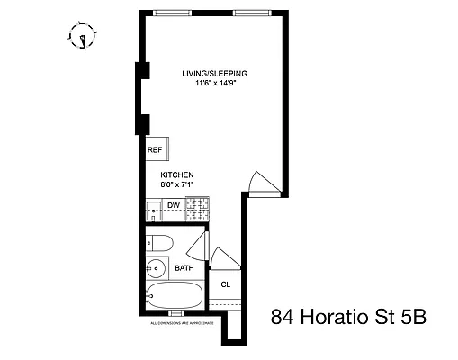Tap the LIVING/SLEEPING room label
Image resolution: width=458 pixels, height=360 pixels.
[215, 74]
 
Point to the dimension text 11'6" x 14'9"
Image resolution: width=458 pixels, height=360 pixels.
[215, 85]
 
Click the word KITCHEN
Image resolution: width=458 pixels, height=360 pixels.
[177, 175]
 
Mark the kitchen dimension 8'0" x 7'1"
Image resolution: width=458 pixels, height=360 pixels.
[177, 184]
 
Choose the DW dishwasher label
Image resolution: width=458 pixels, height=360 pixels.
[174, 206]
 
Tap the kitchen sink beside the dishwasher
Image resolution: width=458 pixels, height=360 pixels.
[153, 209]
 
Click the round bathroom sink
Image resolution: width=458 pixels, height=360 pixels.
[156, 268]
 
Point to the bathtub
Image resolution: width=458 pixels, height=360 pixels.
[178, 295]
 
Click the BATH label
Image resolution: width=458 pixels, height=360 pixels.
[184, 268]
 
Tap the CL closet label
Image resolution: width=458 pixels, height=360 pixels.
[225, 284]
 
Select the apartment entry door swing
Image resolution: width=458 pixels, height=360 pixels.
[258, 182]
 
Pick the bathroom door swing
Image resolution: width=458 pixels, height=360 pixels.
[203, 245]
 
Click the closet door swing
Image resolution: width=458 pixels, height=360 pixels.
[226, 259]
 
